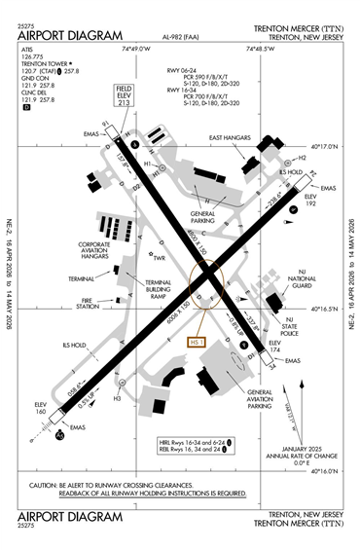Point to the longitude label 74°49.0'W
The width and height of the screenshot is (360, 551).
point(138,48)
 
